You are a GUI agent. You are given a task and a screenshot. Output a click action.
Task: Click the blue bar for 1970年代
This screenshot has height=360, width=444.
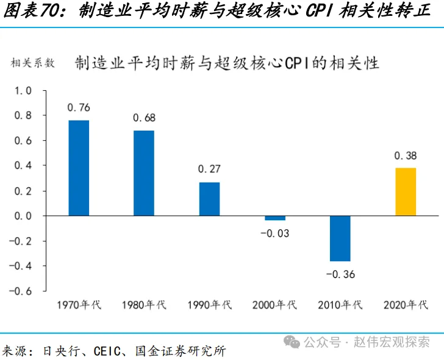click(79, 168)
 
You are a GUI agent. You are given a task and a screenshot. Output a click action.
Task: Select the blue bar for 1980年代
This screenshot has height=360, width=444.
click(144, 173)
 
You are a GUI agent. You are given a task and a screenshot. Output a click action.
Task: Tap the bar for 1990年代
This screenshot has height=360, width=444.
click(209, 199)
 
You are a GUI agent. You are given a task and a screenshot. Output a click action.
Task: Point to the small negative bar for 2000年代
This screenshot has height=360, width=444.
click(274, 218)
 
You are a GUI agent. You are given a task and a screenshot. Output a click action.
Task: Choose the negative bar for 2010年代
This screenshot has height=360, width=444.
click(340, 239)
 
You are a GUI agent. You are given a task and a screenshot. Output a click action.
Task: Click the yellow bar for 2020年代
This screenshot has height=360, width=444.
click(406, 192)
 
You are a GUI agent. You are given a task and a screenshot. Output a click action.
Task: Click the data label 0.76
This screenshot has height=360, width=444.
click(79, 108)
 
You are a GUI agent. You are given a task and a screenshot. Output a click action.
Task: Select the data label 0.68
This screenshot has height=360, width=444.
click(144, 118)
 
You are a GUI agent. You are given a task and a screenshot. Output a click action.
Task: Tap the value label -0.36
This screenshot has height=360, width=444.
click(340, 274)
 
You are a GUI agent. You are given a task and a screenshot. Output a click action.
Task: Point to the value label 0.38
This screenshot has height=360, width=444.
click(406, 156)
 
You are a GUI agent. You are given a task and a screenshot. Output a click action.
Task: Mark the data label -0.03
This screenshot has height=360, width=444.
click(274, 233)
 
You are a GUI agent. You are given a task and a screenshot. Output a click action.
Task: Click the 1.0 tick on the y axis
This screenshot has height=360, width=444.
click(23, 90)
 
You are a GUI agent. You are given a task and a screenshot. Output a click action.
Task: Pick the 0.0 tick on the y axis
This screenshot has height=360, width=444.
click(23, 216)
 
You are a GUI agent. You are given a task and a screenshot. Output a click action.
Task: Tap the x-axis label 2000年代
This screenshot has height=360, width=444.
click(274, 305)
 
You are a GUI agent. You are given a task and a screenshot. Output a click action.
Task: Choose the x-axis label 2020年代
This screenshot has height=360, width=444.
click(406, 305)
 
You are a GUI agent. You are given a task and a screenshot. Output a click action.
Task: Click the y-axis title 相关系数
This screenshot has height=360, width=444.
click(32, 63)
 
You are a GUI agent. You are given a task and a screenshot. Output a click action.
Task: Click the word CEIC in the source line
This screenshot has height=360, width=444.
click(106, 351)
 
